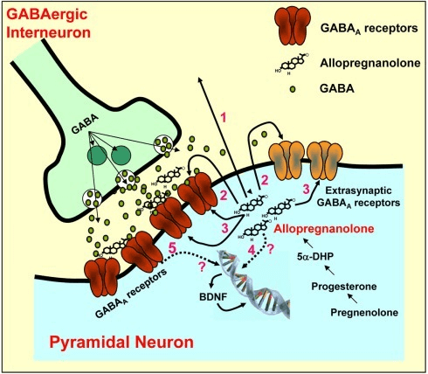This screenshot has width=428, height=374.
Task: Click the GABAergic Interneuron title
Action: (x=48, y=24)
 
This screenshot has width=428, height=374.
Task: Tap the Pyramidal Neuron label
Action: (x=121, y=342)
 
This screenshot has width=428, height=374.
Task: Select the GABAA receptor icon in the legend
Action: (x=292, y=26)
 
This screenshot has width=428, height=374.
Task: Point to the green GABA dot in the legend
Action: (x=293, y=89)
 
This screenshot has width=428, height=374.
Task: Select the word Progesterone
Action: (x=344, y=287)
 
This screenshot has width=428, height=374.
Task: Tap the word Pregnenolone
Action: (x=364, y=313)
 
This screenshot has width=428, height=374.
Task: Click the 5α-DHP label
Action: (x=315, y=256)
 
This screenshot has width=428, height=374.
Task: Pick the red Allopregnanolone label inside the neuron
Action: (x=324, y=229)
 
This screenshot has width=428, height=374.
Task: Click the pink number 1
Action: (x=224, y=118)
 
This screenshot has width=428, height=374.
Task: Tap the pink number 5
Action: (x=173, y=248)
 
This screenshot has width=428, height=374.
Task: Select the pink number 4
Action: (x=252, y=249)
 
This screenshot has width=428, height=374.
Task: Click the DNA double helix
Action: (x=253, y=284)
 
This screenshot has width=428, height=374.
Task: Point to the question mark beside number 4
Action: (x=270, y=249)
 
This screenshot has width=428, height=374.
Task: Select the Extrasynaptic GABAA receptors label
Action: (x=358, y=197)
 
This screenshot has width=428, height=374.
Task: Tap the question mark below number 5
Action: (x=201, y=267)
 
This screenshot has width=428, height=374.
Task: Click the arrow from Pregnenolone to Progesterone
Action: (x=353, y=299)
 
